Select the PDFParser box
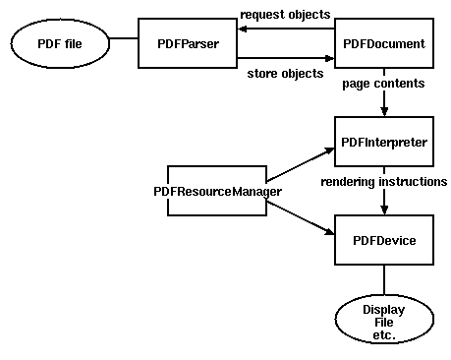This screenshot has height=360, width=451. [x=187, y=44]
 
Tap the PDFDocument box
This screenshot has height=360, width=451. [x=383, y=44]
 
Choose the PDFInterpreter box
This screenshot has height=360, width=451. [x=383, y=143]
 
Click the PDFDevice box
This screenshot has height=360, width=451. [x=383, y=240]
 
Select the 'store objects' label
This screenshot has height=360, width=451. [x=286, y=73]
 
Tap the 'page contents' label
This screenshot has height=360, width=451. [x=383, y=84]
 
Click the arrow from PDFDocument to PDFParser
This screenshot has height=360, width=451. [x=285, y=30]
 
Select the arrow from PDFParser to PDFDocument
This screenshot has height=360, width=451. [x=285, y=58]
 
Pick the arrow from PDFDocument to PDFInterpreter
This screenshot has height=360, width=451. [x=383, y=101]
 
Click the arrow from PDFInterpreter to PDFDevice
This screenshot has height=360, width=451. [x=383, y=202]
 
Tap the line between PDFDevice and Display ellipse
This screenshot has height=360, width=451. [x=383, y=281]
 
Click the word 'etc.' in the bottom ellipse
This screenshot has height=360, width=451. [x=383, y=335]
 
